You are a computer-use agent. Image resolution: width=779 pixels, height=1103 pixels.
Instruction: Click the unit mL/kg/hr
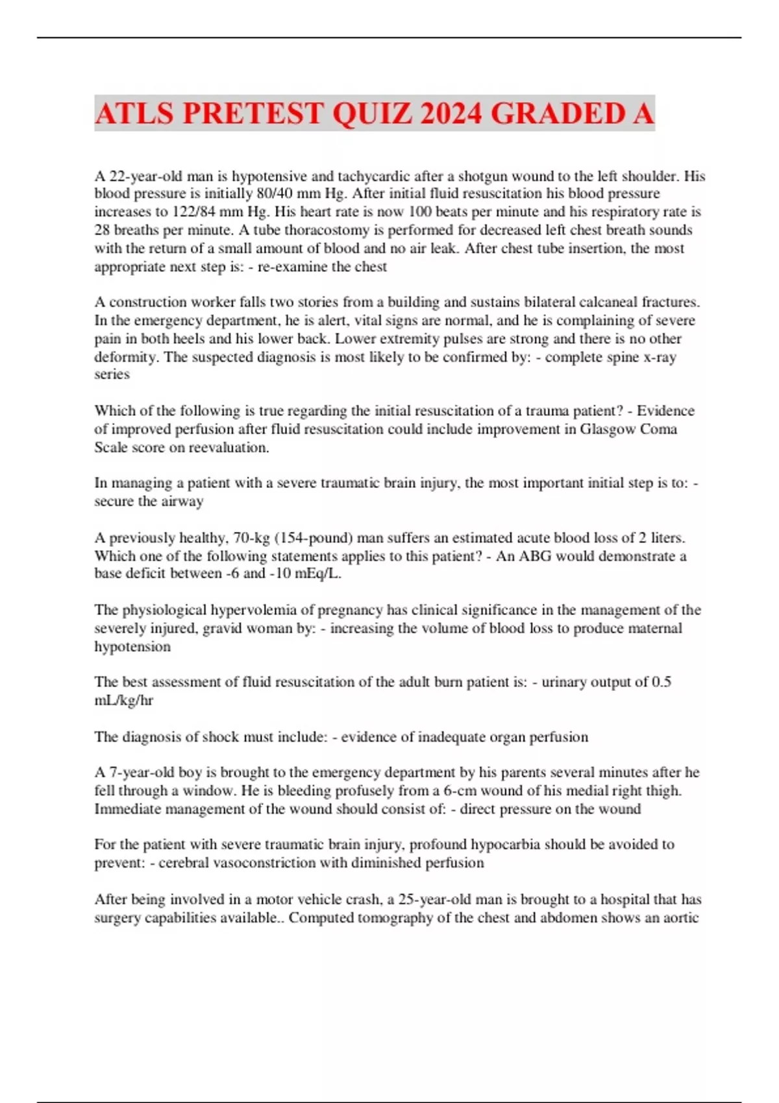click(124, 701)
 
